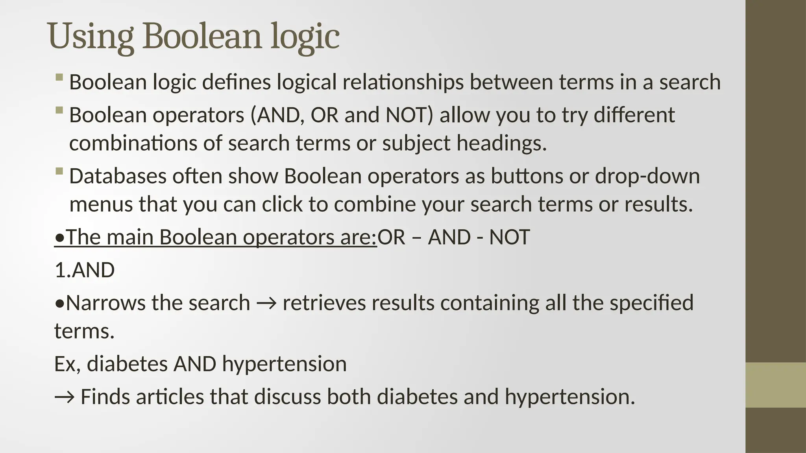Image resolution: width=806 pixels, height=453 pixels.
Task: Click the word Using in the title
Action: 90,36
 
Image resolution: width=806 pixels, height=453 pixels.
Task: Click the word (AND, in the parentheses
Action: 277,115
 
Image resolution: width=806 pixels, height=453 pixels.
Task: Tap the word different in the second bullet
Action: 634,115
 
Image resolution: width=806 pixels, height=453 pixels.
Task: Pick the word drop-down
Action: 647,176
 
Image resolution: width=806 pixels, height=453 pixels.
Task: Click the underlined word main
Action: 130,237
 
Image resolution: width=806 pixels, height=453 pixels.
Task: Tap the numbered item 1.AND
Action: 85,270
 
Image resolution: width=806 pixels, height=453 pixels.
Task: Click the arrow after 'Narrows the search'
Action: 266,304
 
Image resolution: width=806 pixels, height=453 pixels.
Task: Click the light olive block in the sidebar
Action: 776,385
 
